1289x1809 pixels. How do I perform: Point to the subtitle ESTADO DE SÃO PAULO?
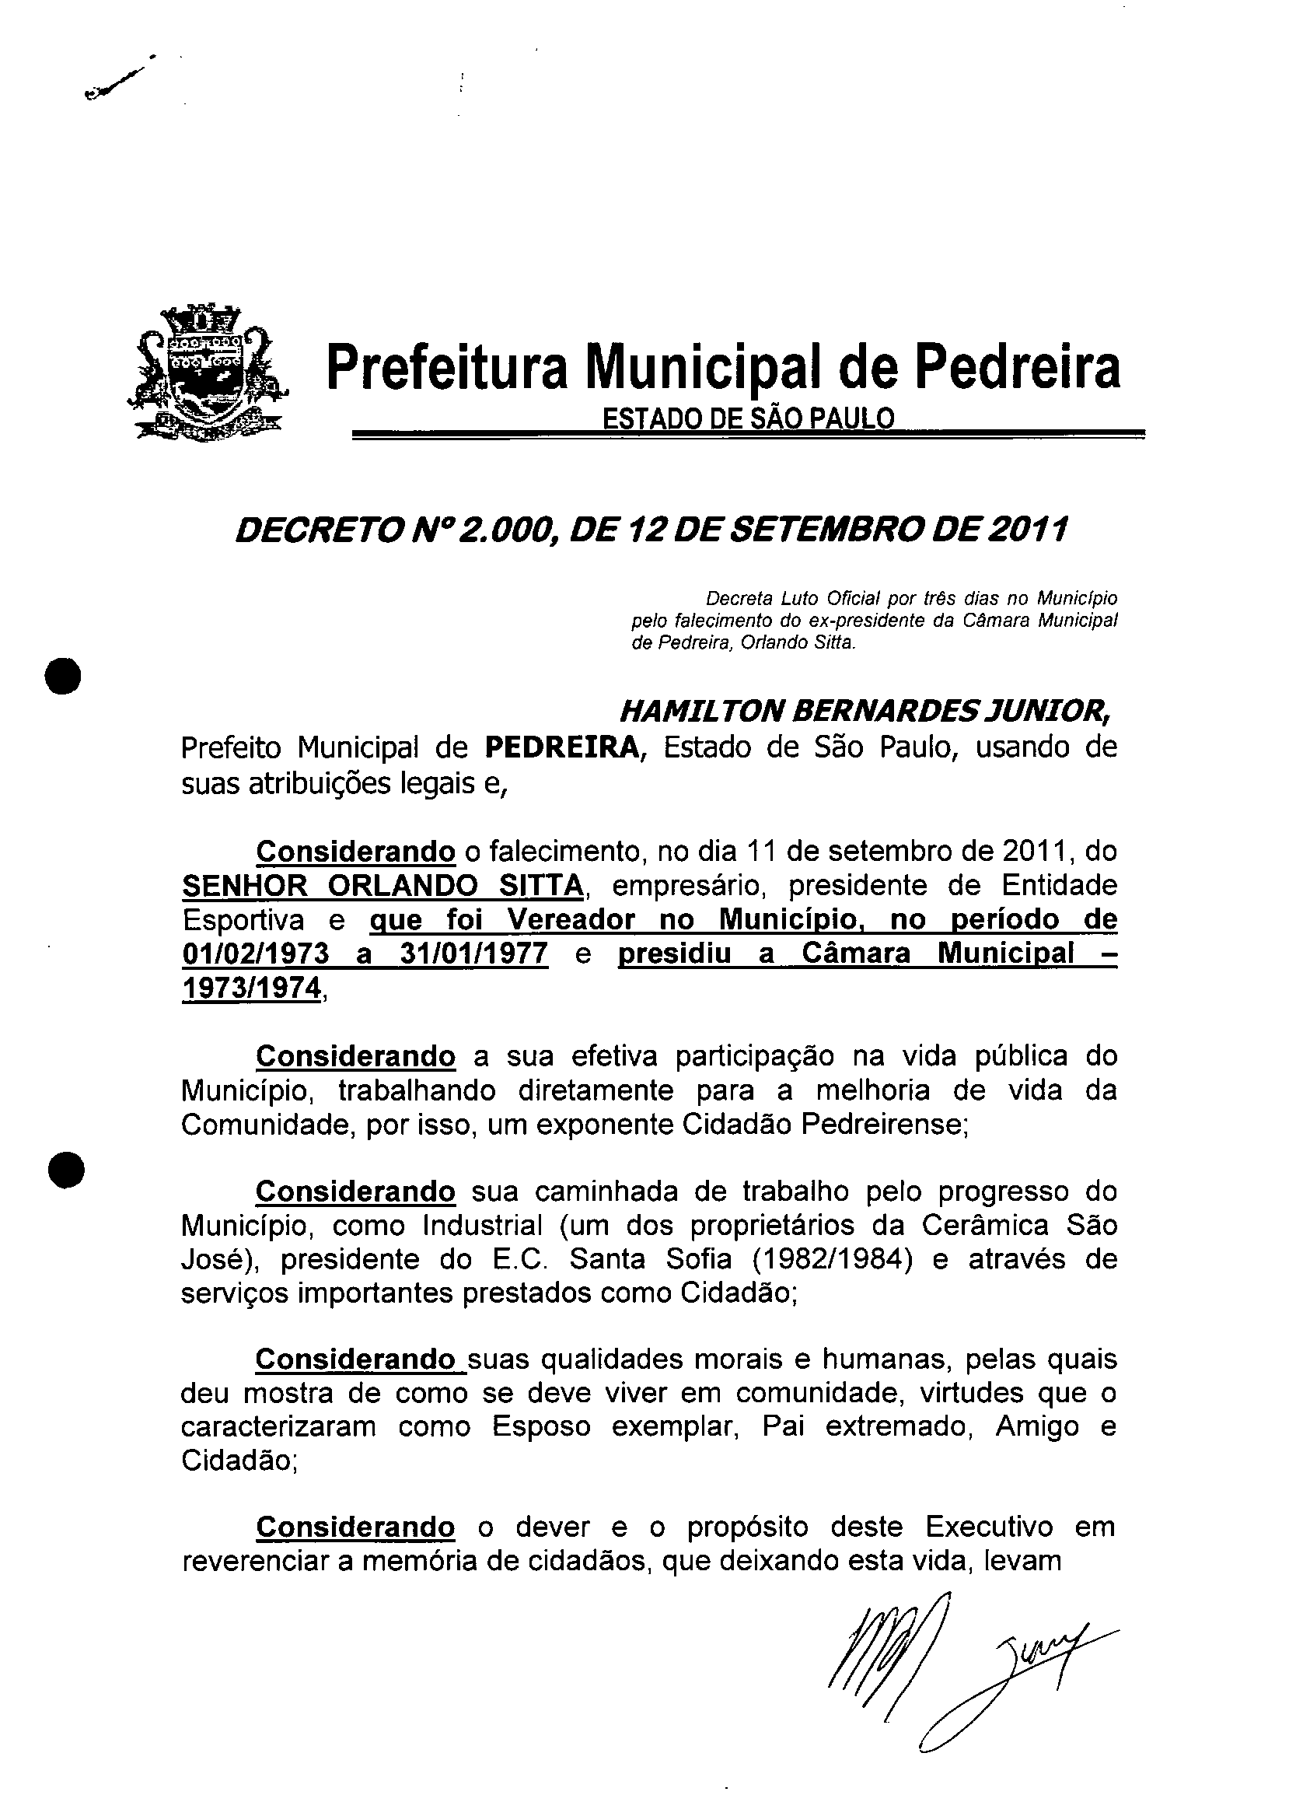748,418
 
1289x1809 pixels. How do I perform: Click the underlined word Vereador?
571,919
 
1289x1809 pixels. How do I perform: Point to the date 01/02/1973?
255,953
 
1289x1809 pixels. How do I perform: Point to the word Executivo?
988,1527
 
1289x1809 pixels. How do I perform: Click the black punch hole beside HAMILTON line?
64,677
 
